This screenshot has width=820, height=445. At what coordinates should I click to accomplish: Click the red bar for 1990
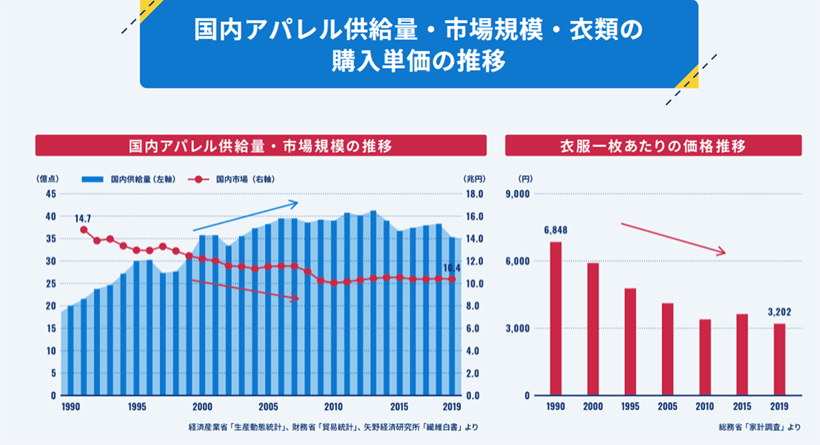(556, 318)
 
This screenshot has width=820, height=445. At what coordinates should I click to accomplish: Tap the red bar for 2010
(704, 357)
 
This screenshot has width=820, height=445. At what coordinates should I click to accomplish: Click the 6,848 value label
(555, 230)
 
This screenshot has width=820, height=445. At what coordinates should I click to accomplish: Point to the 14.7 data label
(83, 218)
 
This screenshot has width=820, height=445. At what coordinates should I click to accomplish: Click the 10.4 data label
(452, 268)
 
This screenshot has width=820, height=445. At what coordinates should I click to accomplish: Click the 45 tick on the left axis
(51, 194)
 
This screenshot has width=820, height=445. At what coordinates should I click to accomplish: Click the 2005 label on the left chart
(268, 407)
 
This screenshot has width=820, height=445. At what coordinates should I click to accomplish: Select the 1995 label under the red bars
(630, 407)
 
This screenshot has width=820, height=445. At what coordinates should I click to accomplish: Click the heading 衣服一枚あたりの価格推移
(653, 146)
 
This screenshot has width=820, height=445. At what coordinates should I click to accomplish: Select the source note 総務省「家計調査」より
(759, 427)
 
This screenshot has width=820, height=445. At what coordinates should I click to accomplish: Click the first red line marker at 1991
(84, 230)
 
